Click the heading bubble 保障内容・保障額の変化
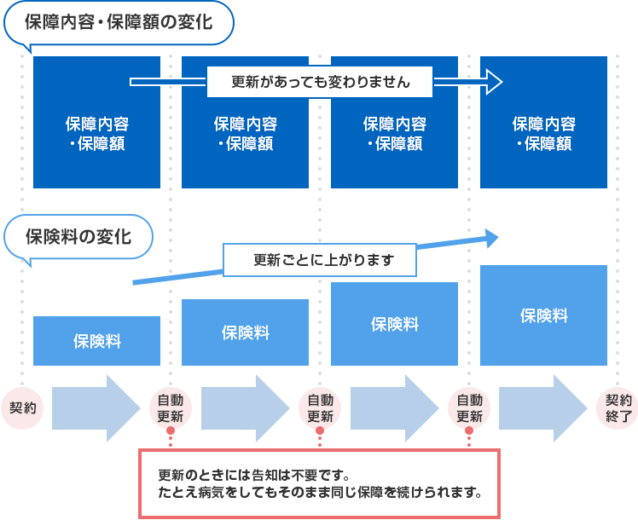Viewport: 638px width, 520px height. [x=119, y=24]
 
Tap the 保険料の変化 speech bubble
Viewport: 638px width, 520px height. [x=78, y=236]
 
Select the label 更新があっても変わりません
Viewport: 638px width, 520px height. [x=321, y=83]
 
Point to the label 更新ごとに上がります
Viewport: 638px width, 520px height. [x=320, y=261]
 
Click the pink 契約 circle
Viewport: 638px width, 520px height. [x=22, y=407]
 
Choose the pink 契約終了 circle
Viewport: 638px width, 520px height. [x=618, y=407]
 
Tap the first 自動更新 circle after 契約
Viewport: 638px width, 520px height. [x=171, y=407]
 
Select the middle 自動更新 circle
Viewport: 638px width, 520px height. [x=320, y=407]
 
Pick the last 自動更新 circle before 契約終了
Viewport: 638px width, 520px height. [x=469, y=407]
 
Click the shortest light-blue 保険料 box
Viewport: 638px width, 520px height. [x=96, y=341]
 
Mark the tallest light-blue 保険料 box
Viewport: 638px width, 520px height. [x=544, y=315]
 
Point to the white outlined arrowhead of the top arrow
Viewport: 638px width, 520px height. [x=492, y=83]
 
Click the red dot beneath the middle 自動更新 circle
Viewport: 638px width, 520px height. [x=320, y=430]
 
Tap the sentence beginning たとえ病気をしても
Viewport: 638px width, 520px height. [x=320, y=493]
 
